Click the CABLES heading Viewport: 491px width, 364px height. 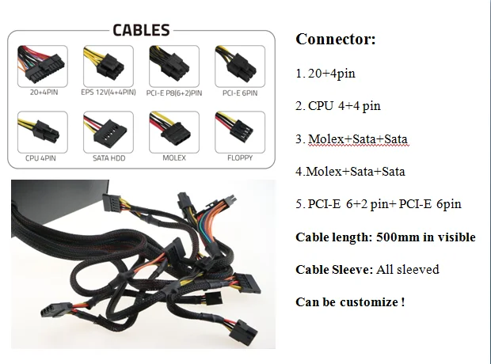(x=142, y=31)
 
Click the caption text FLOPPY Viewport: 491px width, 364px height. (x=239, y=157)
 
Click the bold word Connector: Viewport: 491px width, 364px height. (x=335, y=39)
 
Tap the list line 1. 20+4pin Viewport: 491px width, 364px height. (x=325, y=73)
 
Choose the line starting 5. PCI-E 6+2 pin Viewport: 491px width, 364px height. (x=378, y=204)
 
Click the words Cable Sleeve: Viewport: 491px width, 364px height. (x=333, y=269)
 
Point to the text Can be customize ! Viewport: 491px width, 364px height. (x=350, y=301)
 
